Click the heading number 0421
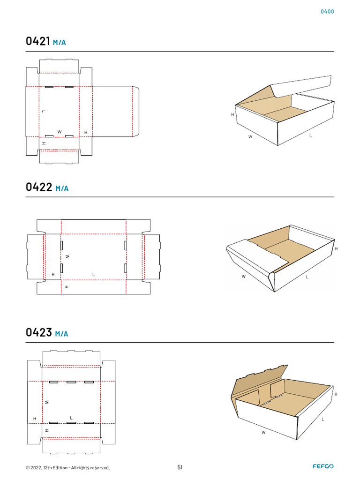coord(37,41)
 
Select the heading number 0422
coord(39,187)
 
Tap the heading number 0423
coord(38,332)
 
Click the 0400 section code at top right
coord(327,12)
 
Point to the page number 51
coord(180,467)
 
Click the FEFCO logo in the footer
coord(323,466)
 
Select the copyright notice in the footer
coord(67,468)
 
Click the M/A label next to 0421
coord(60,43)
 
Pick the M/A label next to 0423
coord(61,334)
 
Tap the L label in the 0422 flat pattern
coord(93,275)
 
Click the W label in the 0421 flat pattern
coord(60,132)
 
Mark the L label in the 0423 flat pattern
coord(71,418)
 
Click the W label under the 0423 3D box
coord(263,433)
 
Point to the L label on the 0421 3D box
coord(310,135)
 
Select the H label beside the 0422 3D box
coord(336,249)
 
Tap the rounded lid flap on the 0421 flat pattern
coord(116,112)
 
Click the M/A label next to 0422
coord(62,188)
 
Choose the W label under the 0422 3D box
coord(243,277)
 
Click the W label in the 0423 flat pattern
coord(47,402)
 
